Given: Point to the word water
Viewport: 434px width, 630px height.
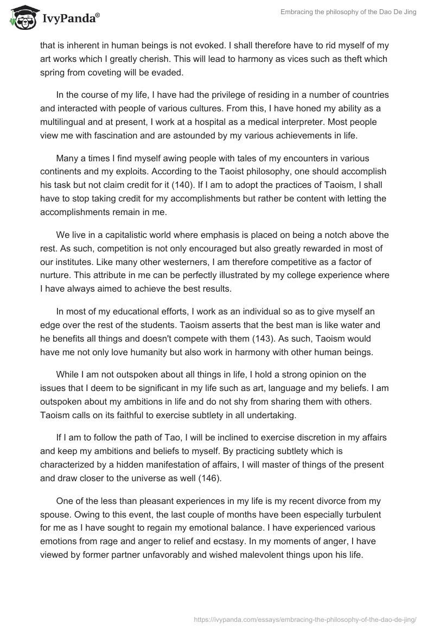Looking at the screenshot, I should pos(361,325).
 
